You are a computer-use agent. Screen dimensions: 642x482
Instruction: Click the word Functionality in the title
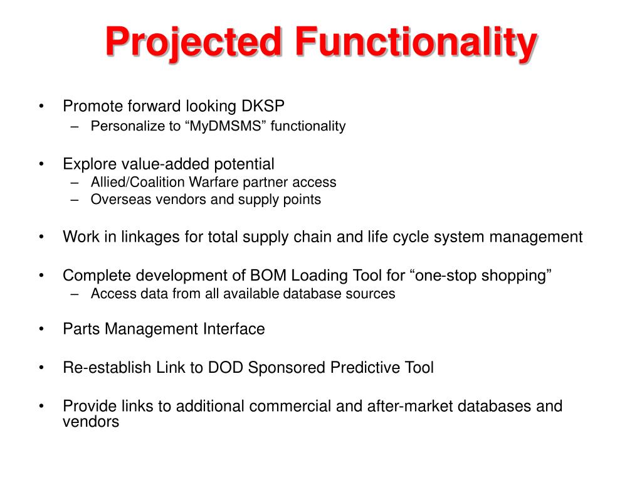(416, 43)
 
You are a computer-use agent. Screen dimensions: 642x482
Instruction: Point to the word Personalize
(127, 126)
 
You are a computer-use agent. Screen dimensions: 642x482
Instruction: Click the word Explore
(87, 164)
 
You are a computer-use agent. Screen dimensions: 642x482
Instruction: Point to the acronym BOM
(266, 276)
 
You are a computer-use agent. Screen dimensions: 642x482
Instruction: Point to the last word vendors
(90, 422)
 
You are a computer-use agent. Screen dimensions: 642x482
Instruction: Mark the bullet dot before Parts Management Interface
(41, 329)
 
